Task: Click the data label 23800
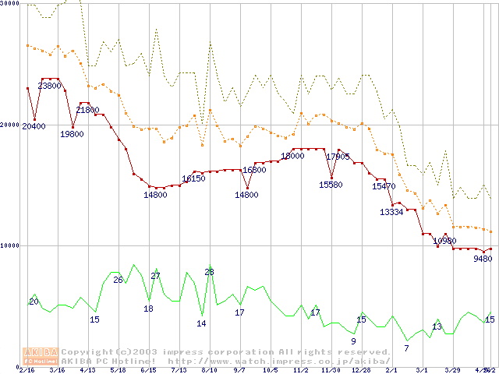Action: [50, 86]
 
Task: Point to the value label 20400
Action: [34, 126]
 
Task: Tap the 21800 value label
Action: [87, 111]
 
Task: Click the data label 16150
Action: [193, 178]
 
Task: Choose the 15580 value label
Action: [331, 185]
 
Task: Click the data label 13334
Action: [391, 212]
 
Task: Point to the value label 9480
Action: [483, 259]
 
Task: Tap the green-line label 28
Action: [209, 272]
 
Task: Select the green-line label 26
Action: [119, 280]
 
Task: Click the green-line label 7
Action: [406, 348]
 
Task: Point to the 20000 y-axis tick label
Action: [10, 125]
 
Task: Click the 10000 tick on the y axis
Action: [10, 245]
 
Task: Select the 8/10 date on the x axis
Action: [208, 370]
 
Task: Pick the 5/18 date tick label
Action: [118, 370]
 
